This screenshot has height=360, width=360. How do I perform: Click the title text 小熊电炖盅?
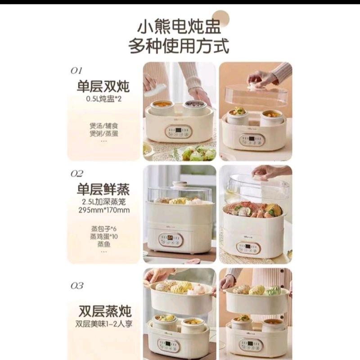[x=180, y=28]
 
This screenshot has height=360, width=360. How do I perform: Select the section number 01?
[x=76, y=71]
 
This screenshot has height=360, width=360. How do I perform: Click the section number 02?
[x=77, y=173]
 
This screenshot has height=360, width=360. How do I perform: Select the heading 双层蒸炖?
[x=103, y=310]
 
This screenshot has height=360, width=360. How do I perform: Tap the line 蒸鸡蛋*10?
[x=103, y=237]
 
